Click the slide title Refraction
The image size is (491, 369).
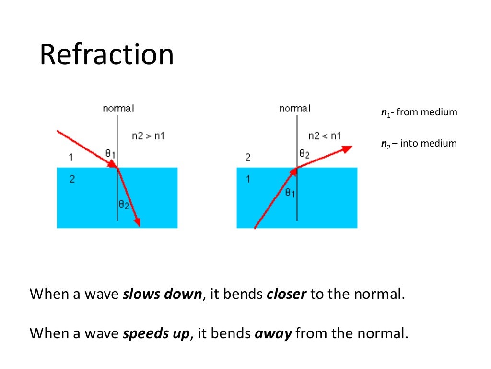tap(106, 55)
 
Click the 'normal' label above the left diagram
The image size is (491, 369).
tap(118, 109)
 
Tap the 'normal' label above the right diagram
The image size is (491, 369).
tap(294, 109)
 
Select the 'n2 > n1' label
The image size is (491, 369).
tap(148, 136)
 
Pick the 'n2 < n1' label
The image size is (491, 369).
tap(325, 136)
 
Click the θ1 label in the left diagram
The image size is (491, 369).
tap(110, 153)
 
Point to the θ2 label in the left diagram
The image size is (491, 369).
tap(124, 206)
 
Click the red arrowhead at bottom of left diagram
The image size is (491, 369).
tap(138, 221)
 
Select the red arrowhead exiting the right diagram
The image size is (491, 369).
tap(347, 148)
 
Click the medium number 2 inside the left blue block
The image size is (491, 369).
tap(71, 179)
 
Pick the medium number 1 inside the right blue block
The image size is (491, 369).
tap(248, 179)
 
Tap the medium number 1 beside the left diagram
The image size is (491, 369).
tap(70, 157)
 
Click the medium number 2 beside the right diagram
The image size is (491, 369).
tap(248, 157)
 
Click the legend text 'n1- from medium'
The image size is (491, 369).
tap(419, 112)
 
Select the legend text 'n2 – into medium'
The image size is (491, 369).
tap(419, 143)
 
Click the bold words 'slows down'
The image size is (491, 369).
tap(162, 294)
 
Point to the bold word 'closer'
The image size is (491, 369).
tap(286, 294)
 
